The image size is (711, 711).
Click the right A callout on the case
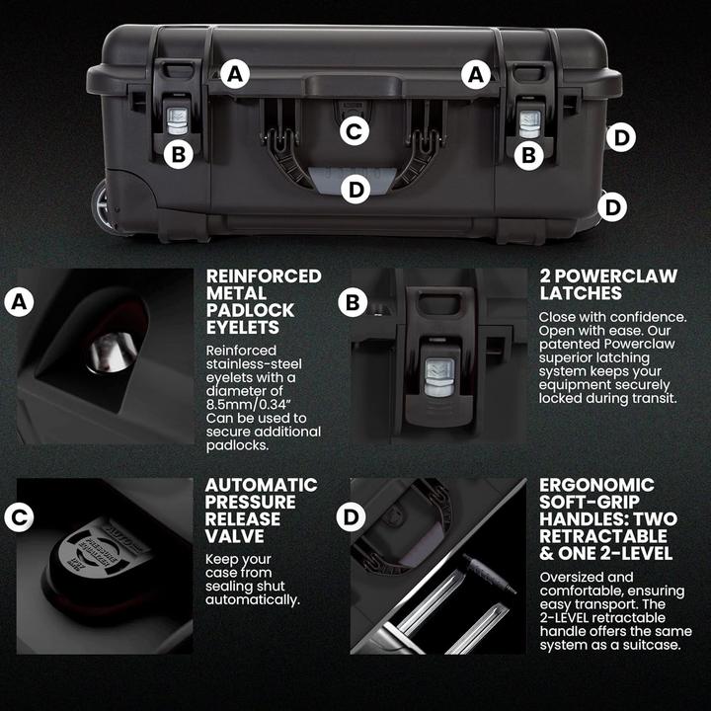[477, 73]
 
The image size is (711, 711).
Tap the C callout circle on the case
[355, 129]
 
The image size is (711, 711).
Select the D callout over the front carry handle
[355, 189]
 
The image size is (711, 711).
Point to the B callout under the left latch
[178, 154]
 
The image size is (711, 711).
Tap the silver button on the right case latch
[529, 119]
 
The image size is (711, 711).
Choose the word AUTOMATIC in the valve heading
[261, 485]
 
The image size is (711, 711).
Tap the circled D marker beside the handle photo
[352, 514]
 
